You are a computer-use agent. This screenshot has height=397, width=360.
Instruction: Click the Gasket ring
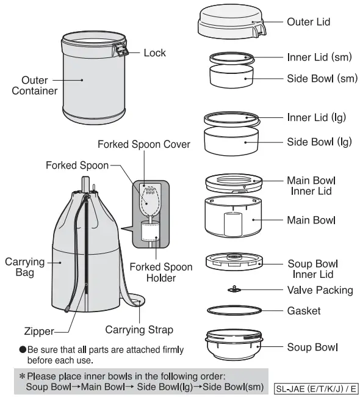[x=234, y=311]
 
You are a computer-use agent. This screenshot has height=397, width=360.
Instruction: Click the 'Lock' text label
[x=154, y=53]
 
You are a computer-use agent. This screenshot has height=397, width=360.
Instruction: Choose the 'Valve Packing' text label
[x=320, y=290]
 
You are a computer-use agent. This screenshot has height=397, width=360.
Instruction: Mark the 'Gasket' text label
[x=303, y=311]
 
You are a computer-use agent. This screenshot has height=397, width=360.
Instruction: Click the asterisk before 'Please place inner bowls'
[x=21, y=376]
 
